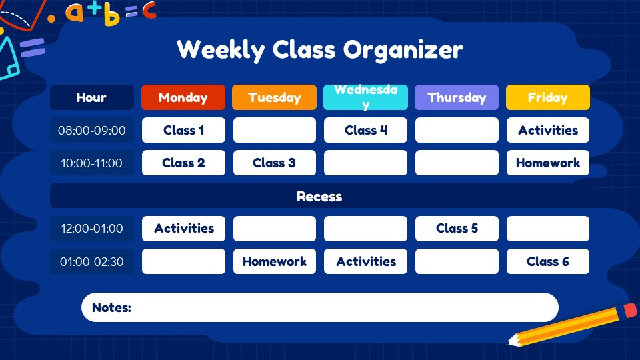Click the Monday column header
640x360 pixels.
point(183,97)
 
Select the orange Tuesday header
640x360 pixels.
point(274,97)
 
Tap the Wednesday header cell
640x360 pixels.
point(365,97)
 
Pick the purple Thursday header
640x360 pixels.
point(457,97)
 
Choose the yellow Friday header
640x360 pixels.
point(547,97)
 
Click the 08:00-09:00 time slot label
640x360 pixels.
point(92,130)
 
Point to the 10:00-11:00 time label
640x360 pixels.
point(92,163)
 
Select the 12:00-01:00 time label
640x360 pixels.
point(92,228)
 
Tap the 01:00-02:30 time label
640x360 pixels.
point(92,261)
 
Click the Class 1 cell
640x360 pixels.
point(183,130)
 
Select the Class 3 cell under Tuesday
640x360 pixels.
point(274,163)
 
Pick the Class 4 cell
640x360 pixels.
point(365,130)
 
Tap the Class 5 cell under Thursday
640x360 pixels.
point(457,228)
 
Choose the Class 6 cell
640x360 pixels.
point(547,261)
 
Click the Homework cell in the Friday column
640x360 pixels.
point(547,163)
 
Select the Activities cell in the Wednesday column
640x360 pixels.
point(365,261)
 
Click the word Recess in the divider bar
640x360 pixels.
point(319,197)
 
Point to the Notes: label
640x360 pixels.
point(111,307)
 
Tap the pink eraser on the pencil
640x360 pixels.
point(630,311)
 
